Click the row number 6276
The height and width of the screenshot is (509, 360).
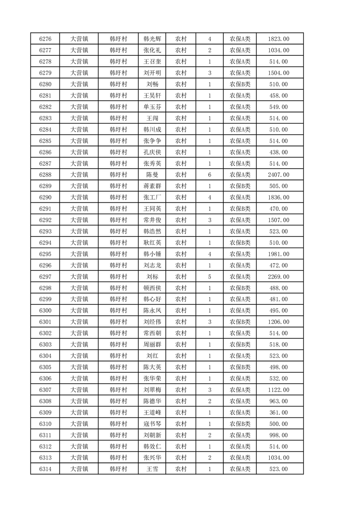(x=45, y=39)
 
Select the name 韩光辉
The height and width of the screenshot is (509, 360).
(x=152, y=39)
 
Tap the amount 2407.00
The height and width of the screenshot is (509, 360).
(x=279, y=175)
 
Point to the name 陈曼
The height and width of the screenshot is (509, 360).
(x=152, y=175)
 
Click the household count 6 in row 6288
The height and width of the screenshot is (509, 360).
(x=209, y=175)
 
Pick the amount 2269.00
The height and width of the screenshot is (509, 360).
(x=279, y=277)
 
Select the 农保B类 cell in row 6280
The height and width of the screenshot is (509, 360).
(x=240, y=84)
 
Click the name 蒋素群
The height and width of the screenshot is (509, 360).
(x=152, y=186)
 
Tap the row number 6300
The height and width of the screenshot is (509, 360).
(x=45, y=311)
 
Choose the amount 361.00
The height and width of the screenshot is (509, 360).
(x=279, y=412)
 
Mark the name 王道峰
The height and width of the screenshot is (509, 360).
(x=152, y=412)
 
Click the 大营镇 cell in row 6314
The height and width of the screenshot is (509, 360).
(x=79, y=469)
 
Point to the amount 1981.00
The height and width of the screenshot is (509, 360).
(x=279, y=254)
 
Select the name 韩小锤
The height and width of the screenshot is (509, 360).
(x=152, y=254)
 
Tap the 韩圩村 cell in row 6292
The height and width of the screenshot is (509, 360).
(x=118, y=220)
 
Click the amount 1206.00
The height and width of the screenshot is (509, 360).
(x=279, y=322)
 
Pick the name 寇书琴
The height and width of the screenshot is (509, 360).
(x=152, y=424)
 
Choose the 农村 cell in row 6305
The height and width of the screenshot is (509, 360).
(x=181, y=367)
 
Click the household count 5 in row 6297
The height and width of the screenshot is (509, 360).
(x=209, y=277)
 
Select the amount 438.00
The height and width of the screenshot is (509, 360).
(x=279, y=152)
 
